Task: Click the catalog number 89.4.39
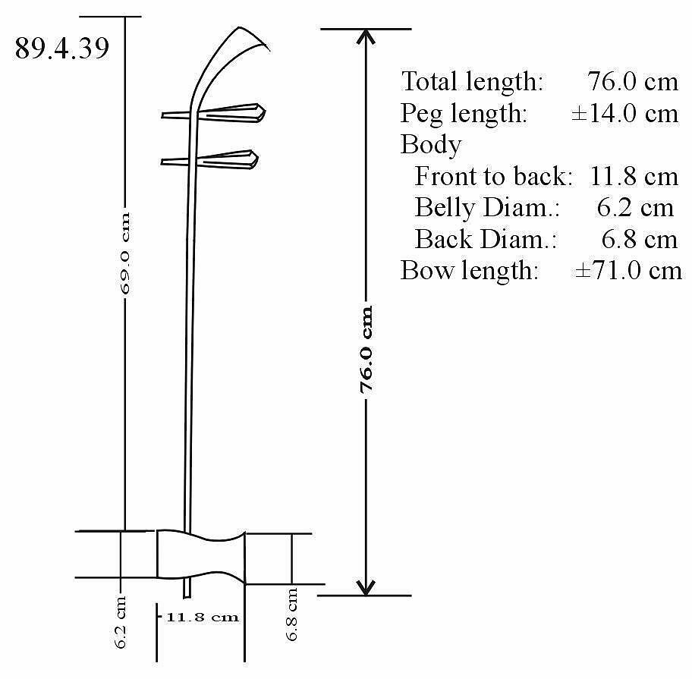point(61,48)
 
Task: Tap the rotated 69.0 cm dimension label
point(125,253)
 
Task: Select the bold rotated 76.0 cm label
point(366,350)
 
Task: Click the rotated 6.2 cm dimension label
point(121,622)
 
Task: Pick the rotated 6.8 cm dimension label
point(291,615)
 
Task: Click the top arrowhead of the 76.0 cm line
point(366,36)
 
